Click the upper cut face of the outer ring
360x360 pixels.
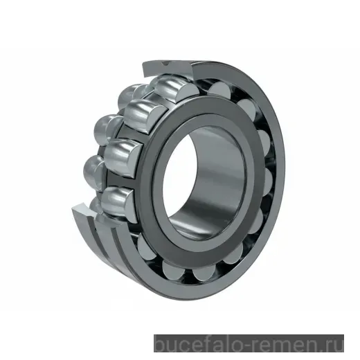[166, 66]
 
